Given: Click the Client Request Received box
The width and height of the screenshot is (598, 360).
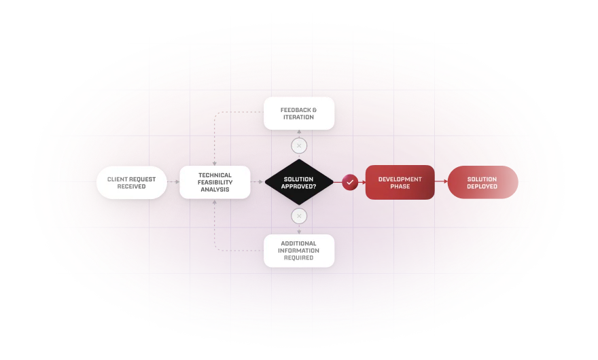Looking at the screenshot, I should (x=131, y=183).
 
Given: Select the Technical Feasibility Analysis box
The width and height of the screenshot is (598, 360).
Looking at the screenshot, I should (x=215, y=182).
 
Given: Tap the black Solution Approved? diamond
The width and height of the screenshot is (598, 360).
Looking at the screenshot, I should (x=299, y=182).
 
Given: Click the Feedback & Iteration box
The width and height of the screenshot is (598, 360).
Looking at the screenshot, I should (x=299, y=113).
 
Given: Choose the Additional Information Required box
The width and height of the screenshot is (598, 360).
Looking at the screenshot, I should (x=299, y=251).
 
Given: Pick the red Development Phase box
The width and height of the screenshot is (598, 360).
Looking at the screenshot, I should (x=400, y=183).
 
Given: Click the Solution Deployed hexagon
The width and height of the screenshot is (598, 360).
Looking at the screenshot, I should (x=482, y=183).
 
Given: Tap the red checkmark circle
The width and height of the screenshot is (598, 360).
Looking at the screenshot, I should (x=350, y=182).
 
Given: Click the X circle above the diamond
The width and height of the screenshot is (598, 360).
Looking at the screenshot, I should (x=299, y=146).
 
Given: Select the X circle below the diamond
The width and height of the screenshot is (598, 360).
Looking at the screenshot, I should (x=299, y=217).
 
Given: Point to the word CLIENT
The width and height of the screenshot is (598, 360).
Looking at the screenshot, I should (x=118, y=179).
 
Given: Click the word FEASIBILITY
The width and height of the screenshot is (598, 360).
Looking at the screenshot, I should (x=215, y=183).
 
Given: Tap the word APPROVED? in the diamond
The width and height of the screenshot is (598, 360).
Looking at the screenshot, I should (x=299, y=186).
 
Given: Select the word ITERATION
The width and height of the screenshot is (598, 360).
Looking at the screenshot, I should (x=299, y=118).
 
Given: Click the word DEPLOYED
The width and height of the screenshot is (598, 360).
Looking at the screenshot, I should (x=482, y=187).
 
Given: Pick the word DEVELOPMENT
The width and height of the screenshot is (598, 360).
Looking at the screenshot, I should (x=400, y=179).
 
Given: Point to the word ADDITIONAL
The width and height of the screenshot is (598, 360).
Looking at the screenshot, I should (x=299, y=244).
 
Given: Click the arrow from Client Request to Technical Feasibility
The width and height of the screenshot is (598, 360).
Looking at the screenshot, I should (x=173, y=182).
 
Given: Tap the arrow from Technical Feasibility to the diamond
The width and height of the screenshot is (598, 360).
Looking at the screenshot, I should (x=257, y=182).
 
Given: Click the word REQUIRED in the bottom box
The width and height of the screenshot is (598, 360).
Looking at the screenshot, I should (x=299, y=258).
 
